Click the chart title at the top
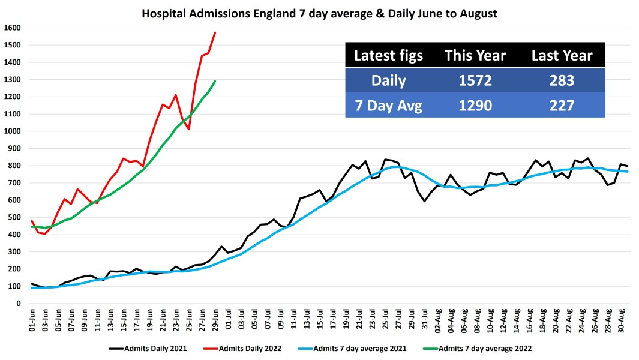319,13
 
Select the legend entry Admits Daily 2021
148,348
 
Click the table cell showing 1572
475,81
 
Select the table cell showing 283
562,81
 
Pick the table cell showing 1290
475,106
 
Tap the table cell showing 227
562,106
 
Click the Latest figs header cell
388,56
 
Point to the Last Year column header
562,56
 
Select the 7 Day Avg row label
388,106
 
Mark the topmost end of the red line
215,32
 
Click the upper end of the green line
215,81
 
